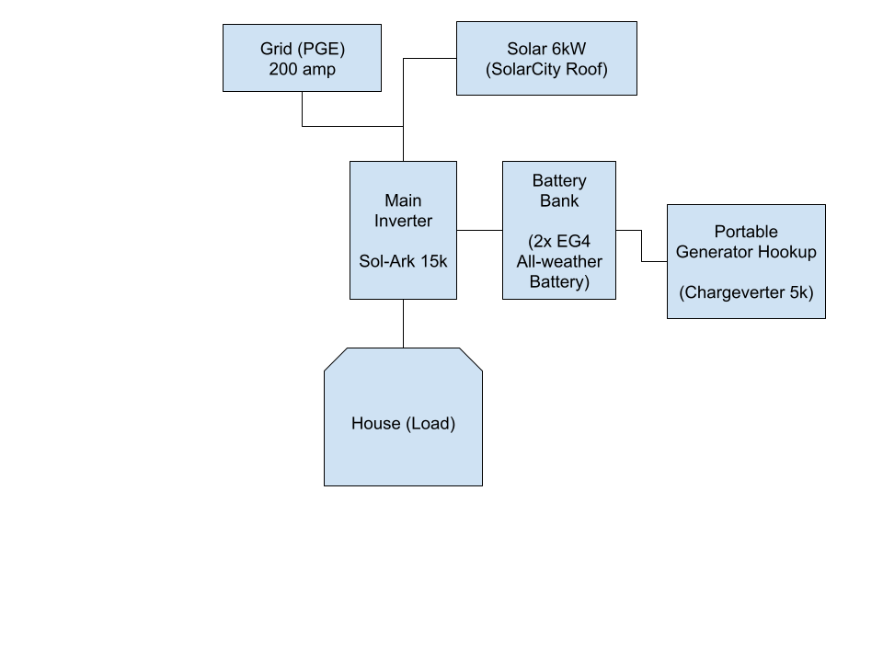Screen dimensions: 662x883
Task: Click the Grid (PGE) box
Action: coord(302,58)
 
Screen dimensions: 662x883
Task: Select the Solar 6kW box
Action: coord(546,59)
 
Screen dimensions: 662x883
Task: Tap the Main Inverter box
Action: coord(403,231)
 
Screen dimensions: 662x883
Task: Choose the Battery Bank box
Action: coord(558,231)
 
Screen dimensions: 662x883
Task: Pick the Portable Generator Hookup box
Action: coord(746,262)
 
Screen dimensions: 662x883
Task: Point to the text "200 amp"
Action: coord(302,69)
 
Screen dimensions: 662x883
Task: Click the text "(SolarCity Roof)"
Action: coord(546,69)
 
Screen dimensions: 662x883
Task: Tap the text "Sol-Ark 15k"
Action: coord(403,261)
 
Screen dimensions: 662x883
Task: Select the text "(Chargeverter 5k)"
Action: coord(746,292)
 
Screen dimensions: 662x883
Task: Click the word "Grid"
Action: coord(276,49)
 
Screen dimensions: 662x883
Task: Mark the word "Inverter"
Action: coord(403,221)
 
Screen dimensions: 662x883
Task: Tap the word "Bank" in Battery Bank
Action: coord(558,200)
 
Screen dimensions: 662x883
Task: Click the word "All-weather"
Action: coord(559,261)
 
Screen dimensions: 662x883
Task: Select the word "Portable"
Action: coord(746,232)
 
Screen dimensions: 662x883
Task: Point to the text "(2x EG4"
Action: coord(558,241)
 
